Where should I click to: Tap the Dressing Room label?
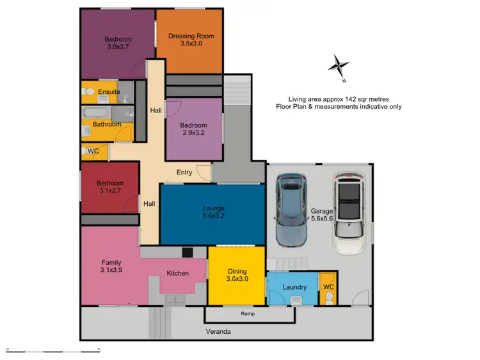coord(189,40)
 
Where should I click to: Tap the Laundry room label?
coord(294,287)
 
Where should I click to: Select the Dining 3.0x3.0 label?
coord(236,275)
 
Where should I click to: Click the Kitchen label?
coord(177,273)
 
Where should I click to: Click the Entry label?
coord(184,173)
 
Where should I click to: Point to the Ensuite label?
coord(109,91)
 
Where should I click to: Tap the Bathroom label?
coord(107,124)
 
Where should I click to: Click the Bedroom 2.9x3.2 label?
coord(193,129)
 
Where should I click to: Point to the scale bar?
coord(52,349)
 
